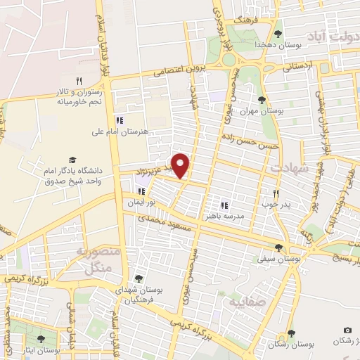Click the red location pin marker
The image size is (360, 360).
181,165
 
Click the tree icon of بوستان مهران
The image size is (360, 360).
262,100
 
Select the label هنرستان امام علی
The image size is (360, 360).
117,131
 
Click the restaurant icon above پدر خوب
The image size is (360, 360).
276,193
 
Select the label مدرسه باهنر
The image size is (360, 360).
224,217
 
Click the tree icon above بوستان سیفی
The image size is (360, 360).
280,247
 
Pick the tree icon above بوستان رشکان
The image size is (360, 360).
290,333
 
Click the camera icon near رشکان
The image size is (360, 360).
347,330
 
